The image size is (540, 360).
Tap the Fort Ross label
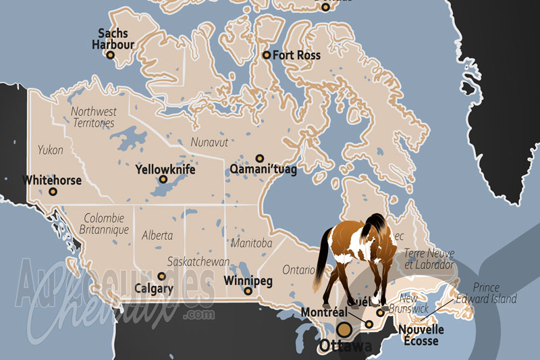(296, 55)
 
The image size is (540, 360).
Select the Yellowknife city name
(165, 170)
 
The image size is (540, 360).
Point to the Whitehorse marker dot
(53, 191)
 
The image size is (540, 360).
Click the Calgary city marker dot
(161, 276)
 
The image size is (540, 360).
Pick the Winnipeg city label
(248, 279)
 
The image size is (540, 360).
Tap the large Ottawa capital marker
(344, 330)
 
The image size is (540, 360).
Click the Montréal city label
(324, 312)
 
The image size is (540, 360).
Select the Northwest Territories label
(94, 117)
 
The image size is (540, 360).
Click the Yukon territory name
(51, 149)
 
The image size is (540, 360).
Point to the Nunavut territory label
(209, 142)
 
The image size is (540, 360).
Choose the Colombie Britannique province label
(105, 224)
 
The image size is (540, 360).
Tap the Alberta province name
(157, 236)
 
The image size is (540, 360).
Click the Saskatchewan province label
(198, 262)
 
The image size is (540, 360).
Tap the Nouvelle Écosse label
(421, 335)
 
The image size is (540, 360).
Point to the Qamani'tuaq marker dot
(260, 158)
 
